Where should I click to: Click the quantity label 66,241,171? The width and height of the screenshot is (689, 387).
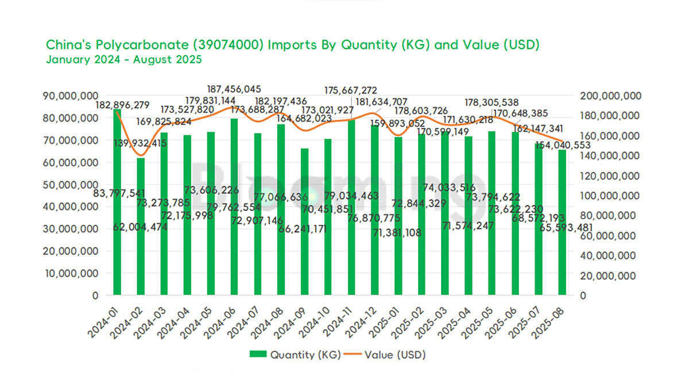tap(303, 229)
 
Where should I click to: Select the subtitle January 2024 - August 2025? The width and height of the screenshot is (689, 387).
tap(123, 59)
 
